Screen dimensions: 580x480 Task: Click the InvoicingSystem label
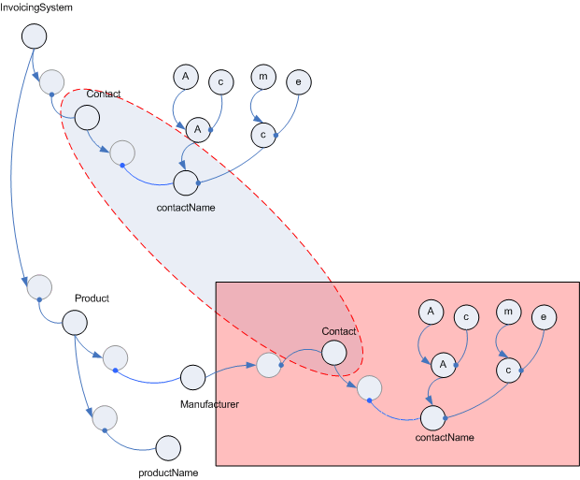tap(36, 7)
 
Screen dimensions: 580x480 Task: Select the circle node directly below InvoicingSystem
tap(34, 36)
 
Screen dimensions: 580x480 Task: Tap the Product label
tap(92, 298)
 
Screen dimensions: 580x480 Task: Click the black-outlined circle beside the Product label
tap(75, 323)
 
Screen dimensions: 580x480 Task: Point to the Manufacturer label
tap(209, 404)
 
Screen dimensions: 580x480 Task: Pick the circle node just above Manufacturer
tap(192, 377)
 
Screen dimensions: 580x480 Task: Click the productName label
tap(168, 473)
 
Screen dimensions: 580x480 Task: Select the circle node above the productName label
tap(168, 448)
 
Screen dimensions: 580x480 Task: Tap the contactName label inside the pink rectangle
tap(445, 437)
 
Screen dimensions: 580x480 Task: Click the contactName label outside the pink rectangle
tap(186, 208)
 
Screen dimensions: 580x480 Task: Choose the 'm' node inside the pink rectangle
tap(509, 312)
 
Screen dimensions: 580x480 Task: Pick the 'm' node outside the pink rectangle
tap(263, 77)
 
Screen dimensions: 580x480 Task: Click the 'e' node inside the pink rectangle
tap(544, 317)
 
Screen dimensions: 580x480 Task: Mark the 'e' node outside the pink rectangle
tap(299, 82)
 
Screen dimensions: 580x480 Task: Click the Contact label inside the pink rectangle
tap(338, 331)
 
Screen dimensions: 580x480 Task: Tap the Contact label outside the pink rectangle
tap(104, 94)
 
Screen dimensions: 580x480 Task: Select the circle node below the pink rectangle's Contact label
tap(334, 353)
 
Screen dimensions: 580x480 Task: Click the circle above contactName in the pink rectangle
tap(432, 417)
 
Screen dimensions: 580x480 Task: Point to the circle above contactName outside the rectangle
tap(186, 182)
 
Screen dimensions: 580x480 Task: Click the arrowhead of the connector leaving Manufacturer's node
tap(251, 365)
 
